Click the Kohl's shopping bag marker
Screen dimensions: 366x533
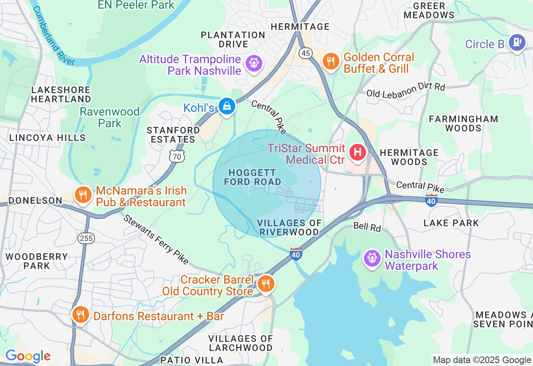click(x=227, y=106)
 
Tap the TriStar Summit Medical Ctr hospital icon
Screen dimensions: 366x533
click(x=357, y=152)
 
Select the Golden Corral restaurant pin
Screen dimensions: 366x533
click(x=331, y=61)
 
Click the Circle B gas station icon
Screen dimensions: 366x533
click(x=517, y=42)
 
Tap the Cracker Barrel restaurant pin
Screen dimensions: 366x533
click(x=265, y=284)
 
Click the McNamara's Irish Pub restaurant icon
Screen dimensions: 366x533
click(x=83, y=194)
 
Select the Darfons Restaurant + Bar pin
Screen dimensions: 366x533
click(x=80, y=314)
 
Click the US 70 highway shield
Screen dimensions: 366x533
click(x=177, y=156)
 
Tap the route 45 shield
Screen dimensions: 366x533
click(x=306, y=53)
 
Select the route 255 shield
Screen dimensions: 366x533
click(x=86, y=238)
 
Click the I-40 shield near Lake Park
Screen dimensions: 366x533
click(x=431, y=200)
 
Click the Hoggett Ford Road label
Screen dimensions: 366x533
click(x=253, y=177)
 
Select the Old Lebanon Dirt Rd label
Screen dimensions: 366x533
click(x=406, y=90)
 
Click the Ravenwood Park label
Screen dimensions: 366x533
click(x=110, y=117)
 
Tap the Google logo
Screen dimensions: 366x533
click(x=28, y=356)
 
